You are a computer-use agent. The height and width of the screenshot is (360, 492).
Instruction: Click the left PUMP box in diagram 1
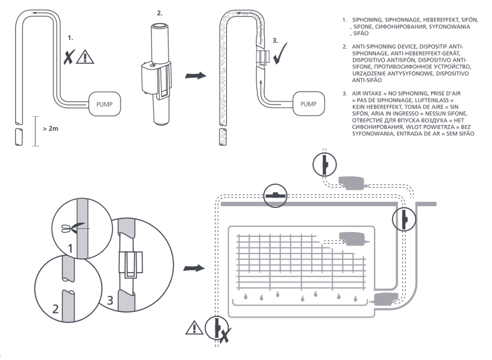coord(104,104)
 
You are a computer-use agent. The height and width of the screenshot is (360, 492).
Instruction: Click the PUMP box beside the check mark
coord(309,103)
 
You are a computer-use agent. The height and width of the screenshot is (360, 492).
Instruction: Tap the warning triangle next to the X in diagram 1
coord(85,57)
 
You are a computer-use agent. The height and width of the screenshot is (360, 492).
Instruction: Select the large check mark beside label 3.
coord(280,54)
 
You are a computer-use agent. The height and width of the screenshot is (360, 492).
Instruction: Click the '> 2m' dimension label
coord(50,129)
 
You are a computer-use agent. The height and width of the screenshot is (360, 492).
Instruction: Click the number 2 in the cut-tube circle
coord(55,309)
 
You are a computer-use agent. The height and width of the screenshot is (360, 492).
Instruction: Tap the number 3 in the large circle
coord(110,300)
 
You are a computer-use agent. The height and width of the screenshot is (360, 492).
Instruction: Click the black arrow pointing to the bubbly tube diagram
coord(196,76)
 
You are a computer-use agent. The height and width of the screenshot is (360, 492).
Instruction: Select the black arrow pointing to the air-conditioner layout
coord(194,268)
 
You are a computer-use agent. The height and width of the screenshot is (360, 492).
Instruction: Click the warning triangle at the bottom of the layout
coord(194,327)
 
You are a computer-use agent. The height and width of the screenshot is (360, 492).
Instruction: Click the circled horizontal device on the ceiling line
coord(275,196)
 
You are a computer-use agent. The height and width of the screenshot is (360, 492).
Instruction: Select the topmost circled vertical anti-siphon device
coord(325,164)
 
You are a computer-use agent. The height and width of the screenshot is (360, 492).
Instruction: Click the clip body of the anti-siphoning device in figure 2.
coord(156,79)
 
